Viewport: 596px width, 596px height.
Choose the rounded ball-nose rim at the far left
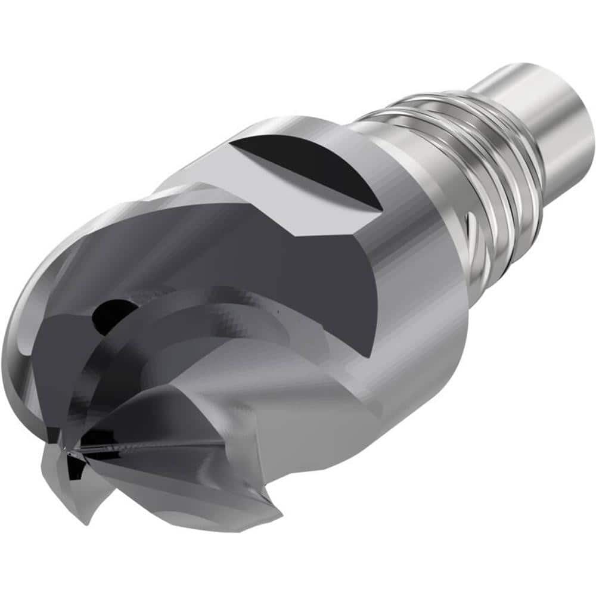click(24, 334)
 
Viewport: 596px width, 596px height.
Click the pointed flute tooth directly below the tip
click(83, 501)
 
